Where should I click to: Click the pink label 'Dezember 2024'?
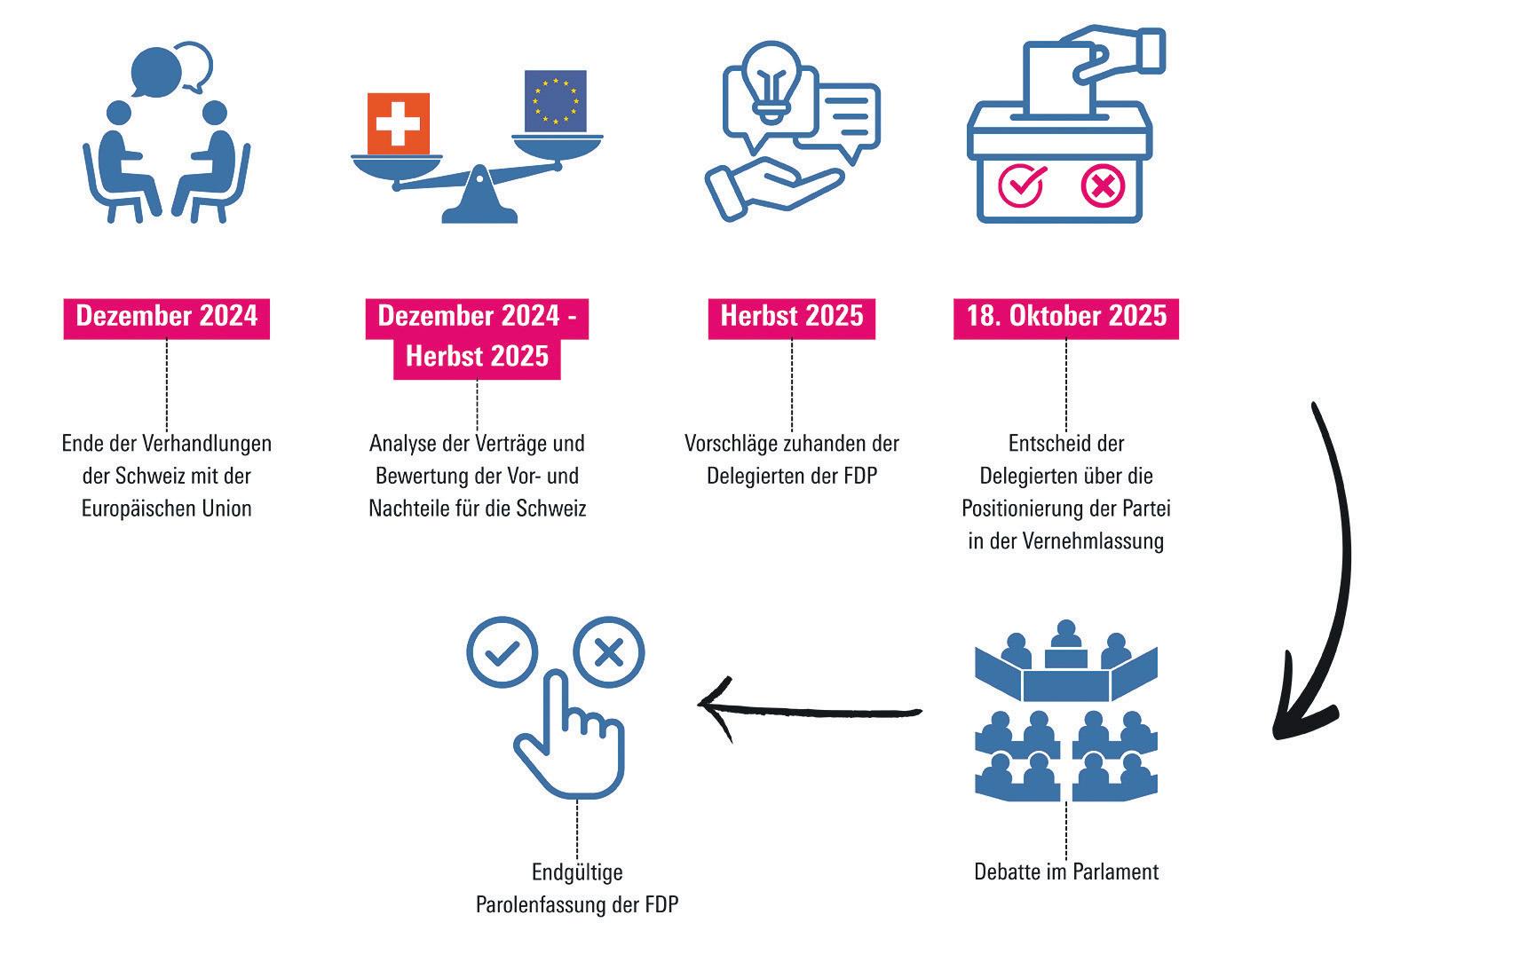point(166,317)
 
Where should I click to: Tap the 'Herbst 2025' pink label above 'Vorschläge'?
point(791,317)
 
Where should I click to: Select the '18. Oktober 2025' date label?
point(1065,317)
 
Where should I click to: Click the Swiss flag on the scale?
point(398,123)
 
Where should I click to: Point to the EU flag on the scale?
point(555,100)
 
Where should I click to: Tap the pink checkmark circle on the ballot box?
point(1021,186)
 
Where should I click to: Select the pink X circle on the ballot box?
point(1103,186)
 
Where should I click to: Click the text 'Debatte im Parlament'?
point(1065,871)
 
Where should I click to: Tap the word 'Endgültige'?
point(577,872)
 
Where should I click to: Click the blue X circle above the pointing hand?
point(608,653)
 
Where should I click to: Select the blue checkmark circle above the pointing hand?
point(502,653)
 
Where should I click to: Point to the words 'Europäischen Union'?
point(166,509)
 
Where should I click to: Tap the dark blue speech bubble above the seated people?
point(155,69)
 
